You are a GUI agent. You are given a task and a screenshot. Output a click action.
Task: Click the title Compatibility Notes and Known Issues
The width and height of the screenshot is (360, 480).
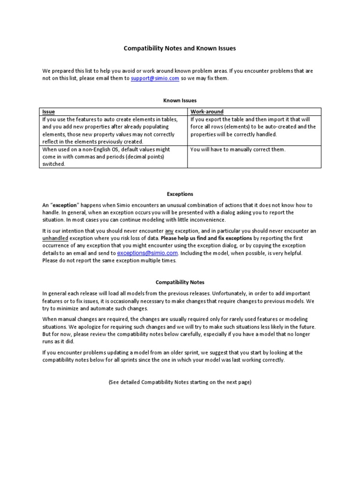point(180,48)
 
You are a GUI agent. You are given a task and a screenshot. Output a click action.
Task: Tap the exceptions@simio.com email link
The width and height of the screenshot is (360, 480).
point(147,253)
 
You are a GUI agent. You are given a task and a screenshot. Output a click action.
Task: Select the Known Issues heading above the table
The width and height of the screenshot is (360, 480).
point(180,100)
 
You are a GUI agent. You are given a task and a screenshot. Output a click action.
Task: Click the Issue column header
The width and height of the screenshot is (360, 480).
point(48,112)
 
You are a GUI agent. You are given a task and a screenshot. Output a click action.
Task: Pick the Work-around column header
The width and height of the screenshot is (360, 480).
point(207,112)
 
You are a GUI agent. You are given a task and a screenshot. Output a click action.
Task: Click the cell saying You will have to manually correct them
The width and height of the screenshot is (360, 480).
point(238,150)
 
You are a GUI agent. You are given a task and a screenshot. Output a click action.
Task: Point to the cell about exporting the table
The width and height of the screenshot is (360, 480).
point(253,127)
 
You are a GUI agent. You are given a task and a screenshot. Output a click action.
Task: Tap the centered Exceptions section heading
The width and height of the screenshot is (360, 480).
point(180,194)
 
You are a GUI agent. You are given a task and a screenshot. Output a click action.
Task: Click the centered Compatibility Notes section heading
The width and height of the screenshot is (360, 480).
point(180,282)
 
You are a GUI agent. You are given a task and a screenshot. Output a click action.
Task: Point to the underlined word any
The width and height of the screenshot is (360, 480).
point(169,231)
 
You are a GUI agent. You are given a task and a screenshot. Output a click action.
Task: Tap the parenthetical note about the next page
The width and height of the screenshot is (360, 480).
point(180,382)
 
